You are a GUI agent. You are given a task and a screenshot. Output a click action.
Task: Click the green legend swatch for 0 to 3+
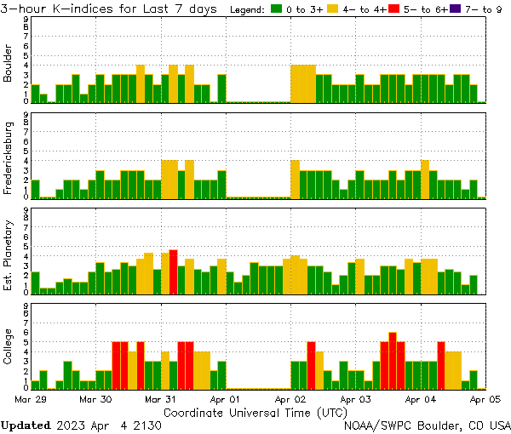click(x=278, y=9)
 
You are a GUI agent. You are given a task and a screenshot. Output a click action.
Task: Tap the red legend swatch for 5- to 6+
click(x=393, y=9)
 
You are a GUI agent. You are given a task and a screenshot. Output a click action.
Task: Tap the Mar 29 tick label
click(x=31, y=398)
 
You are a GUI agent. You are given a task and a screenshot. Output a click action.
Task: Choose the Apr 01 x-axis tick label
click(x=226, y=398)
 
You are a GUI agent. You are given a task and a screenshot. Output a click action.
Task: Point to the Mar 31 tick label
click(x=160, y=398)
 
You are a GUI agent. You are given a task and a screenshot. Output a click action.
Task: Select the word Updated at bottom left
click(x=25, y=425)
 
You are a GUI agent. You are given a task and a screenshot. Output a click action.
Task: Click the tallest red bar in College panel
click(x=393, y=360)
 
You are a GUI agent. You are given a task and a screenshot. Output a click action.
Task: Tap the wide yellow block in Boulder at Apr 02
click(x=303, y=83)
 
